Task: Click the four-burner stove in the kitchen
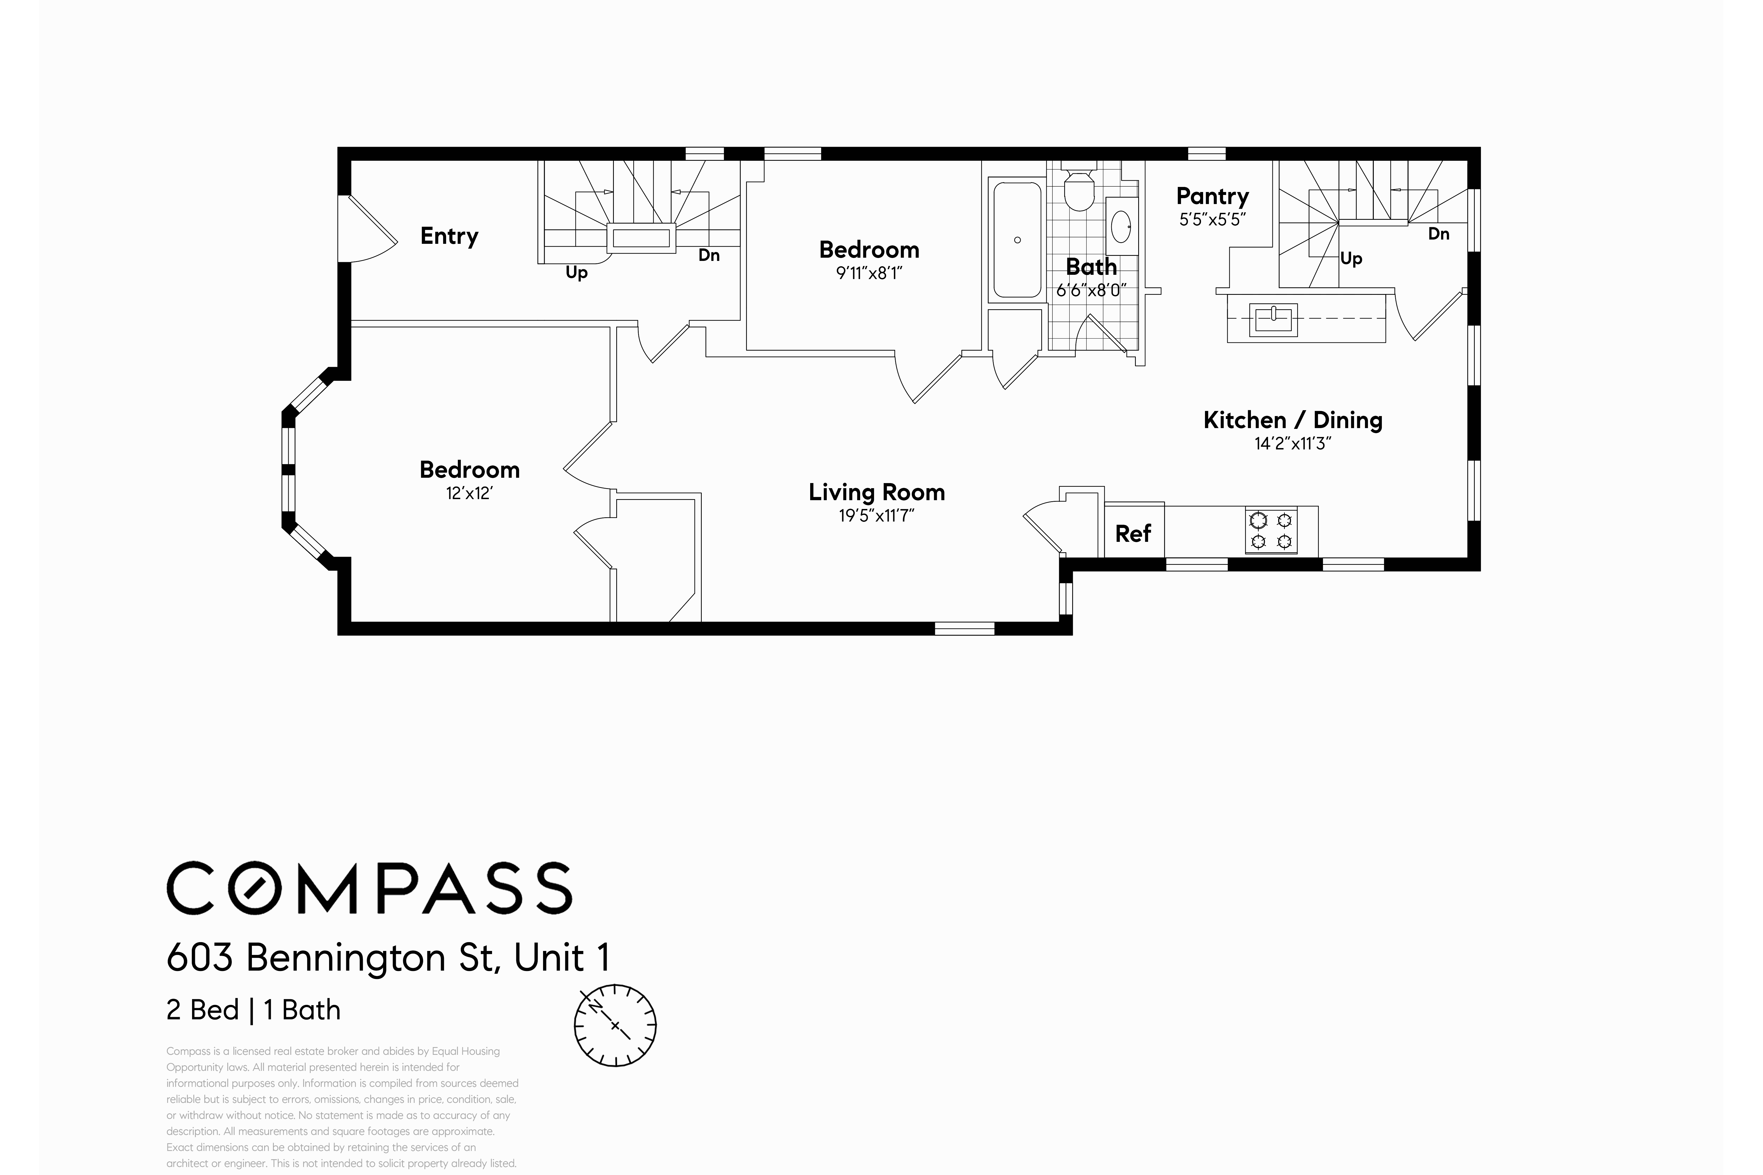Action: click(x=1271, y=531)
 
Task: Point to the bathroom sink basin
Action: click(x=1121, y=226)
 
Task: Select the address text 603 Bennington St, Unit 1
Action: click(x=388, y=958)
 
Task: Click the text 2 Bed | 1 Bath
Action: click(x=253, y=1010)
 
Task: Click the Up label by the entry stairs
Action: click(x=576, y=273)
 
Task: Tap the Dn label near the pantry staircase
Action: click(x=1438, y=234)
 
